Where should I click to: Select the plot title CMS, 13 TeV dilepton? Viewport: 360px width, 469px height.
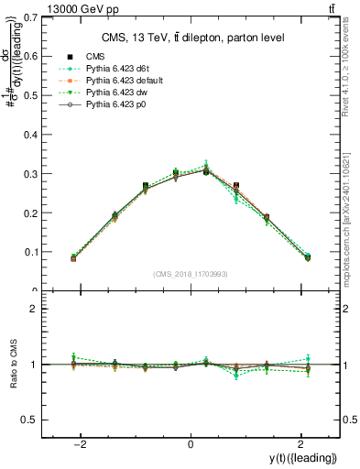[x=191, y=38]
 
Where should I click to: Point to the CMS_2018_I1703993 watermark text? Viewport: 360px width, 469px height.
[x=190, y=273]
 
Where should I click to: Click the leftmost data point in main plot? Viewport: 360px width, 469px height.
[x=73, y=258]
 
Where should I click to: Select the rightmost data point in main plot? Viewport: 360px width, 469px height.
[x=307, y=257]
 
